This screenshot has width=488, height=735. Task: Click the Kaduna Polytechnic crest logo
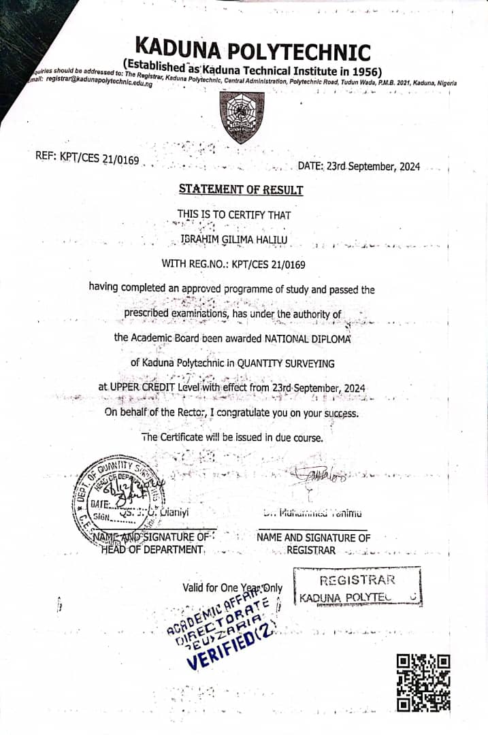click(x=242, y=116)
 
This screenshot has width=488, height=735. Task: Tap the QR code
click(x=423, y=682)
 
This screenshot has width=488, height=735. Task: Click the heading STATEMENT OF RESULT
click(x=241, y=190)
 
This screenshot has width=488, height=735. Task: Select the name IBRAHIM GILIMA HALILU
click(x=235, y=239)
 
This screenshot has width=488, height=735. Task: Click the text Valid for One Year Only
click(x=232, y=587)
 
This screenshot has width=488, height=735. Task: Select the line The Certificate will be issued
click(x=232, y=437)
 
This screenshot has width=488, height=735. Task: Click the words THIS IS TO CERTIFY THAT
click(x=234, y=215)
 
